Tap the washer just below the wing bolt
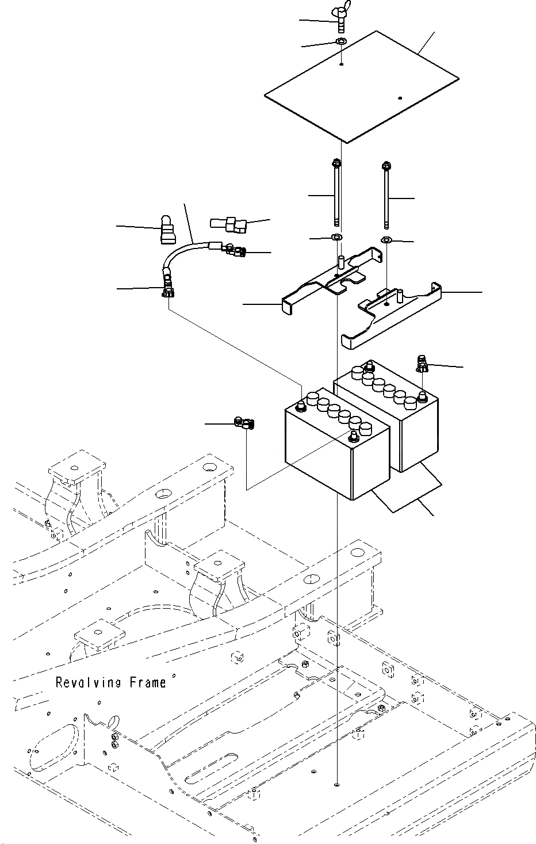tap(342, 41)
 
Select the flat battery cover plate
tap(362, 87)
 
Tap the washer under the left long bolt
tap(336, 238)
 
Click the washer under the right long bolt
tap(386, 239)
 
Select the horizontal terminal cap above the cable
tap(228, 224)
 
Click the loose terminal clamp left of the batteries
tap(244, 423)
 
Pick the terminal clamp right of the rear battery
tap(422, 363)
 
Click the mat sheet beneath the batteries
tap(407, 488)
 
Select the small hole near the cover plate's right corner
tap(400, 98)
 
